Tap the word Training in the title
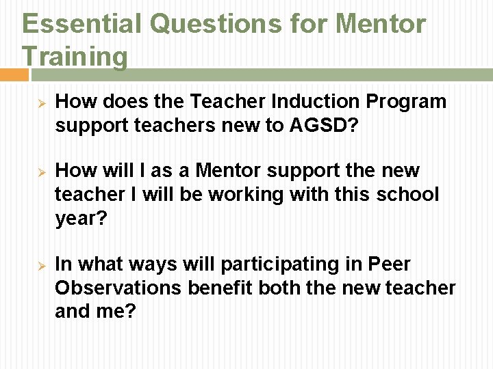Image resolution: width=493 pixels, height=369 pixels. [75, 56]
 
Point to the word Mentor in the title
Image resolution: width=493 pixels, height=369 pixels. [380, 24]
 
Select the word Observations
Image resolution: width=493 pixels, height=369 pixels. [118, 288]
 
